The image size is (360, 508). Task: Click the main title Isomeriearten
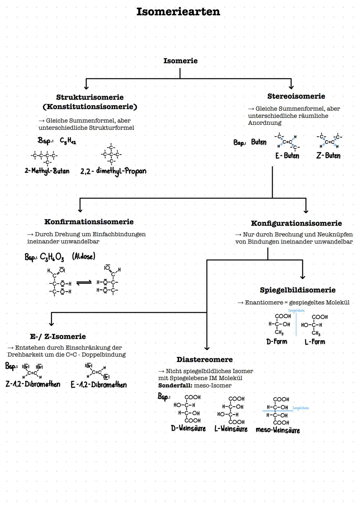(x=178, y=12)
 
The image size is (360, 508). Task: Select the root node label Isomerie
(x=180, y=61)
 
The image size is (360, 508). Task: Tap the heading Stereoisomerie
(x=296, y=96)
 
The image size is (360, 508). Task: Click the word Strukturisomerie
(x=90, y=97)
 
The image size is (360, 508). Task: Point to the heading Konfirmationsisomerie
(x=89, y=222)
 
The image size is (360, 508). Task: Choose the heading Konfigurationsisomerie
(x=296, y=223)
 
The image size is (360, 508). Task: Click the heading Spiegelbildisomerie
(x=297, y=290)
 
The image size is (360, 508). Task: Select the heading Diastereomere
(x=204, y=359)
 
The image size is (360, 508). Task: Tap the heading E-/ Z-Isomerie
(x=58, y=336)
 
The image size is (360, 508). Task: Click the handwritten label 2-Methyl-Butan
(x=47, y=171)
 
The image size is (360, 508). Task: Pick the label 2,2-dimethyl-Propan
(x=113, y=171)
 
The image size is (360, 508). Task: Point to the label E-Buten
(x=287, y=156)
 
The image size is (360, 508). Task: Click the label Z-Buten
(x=328, y=156)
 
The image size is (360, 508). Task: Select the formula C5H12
(x=68, y=141)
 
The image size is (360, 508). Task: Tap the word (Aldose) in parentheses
(x=83, y=256)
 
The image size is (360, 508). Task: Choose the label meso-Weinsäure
(x=277, y=430)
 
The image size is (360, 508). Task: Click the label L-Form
(x=315, y=342)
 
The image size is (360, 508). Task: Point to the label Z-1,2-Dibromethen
(x=33, y=384)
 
